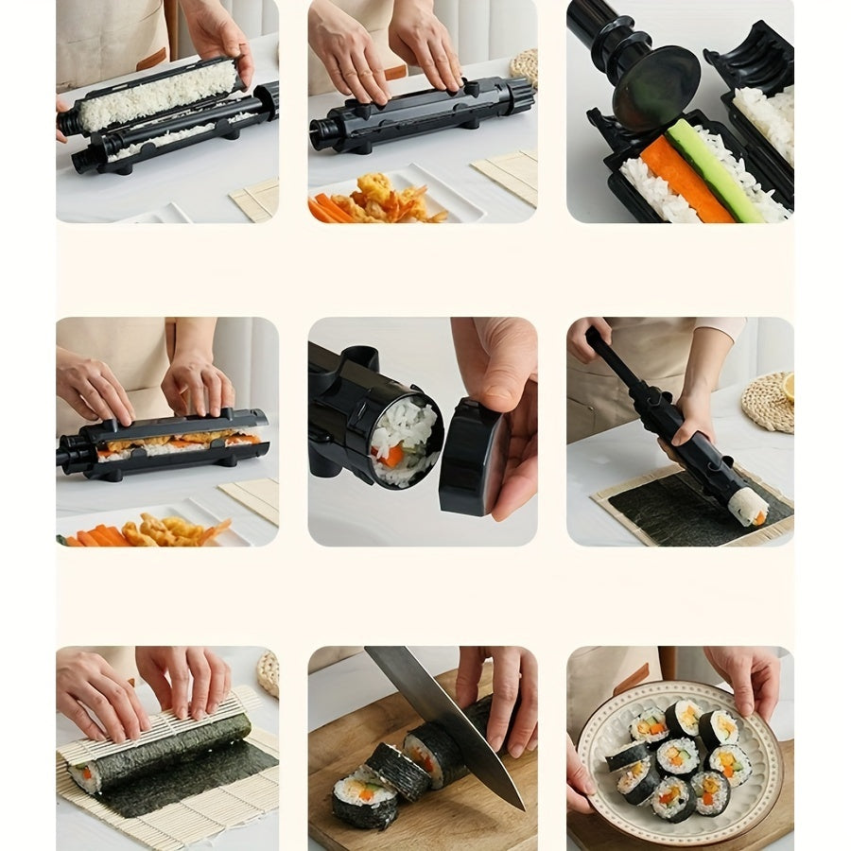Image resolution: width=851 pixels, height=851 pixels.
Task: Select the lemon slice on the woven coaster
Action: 789,386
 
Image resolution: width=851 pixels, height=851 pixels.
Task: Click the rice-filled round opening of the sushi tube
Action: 404,440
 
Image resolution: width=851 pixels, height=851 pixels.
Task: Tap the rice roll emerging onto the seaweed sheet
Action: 747,507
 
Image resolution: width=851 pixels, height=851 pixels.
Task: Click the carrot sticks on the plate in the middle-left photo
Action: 95,537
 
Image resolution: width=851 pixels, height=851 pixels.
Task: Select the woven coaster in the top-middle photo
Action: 523,65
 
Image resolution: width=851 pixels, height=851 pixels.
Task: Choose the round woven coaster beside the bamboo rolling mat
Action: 269,673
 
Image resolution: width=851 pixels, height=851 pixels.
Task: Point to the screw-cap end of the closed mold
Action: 518,95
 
